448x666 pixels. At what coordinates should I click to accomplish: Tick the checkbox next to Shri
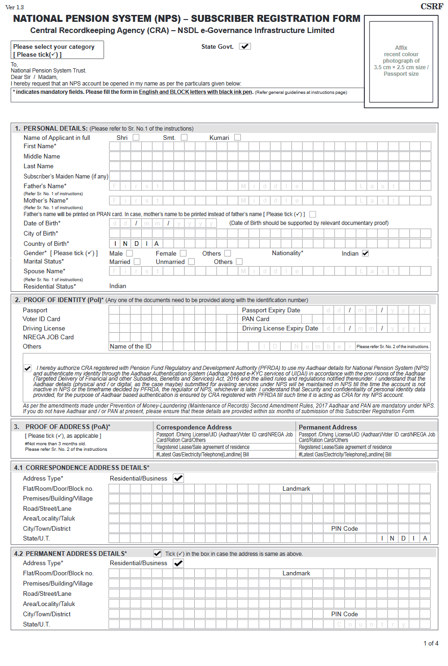[136, 138]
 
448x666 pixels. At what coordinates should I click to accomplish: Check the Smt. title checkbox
[184, 138]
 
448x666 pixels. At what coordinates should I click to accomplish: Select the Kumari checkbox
[237, 138]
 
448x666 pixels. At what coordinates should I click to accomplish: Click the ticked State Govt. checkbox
[245, 46]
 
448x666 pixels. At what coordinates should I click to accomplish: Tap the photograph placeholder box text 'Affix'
[401, 48]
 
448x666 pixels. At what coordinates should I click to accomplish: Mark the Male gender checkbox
[130, 253]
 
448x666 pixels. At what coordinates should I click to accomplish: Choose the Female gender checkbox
[183, 253]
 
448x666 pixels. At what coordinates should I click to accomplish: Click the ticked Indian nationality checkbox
[365, 253]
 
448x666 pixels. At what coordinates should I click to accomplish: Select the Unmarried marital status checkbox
[191, 262]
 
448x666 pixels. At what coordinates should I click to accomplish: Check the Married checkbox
[137, 262]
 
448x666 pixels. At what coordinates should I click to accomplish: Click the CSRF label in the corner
[432, 7]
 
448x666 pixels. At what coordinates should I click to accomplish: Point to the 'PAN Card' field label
[256, 319]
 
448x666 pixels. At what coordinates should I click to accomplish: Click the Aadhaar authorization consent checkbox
[28, 368]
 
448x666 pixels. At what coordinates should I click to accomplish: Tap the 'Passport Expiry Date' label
[271, 310]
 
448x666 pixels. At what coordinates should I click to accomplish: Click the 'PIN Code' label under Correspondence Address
[344, 528]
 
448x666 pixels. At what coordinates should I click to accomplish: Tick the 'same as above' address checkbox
[158, 554]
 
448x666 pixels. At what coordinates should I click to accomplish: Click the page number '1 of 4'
[431, 643]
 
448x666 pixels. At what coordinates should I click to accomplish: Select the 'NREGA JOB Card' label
[48, 337]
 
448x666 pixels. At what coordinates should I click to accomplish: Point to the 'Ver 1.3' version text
[14, 7]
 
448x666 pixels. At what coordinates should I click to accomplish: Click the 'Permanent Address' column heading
[328, 427]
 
